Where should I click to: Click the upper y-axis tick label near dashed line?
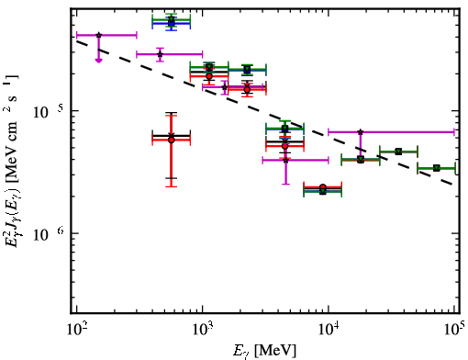coord(49,112)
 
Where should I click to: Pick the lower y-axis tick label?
coord(49,234)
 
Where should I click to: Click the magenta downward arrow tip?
coord(98,62)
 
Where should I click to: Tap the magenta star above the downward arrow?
coord(98,35)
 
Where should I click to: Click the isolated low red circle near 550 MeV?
coord(172,140)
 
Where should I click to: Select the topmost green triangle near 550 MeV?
coord(172,19)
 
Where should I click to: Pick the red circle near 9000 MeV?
coord(323,187)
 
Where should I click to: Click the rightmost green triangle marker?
coord(437,168)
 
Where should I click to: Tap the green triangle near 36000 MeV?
coord(398,152)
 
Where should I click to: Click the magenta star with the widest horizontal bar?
coord(361,132)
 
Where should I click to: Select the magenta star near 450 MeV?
coord(160,54)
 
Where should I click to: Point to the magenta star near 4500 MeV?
coord(285,160)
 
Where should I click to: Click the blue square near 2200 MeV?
coord(247,71)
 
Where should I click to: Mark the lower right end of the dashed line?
coord(452,185)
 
